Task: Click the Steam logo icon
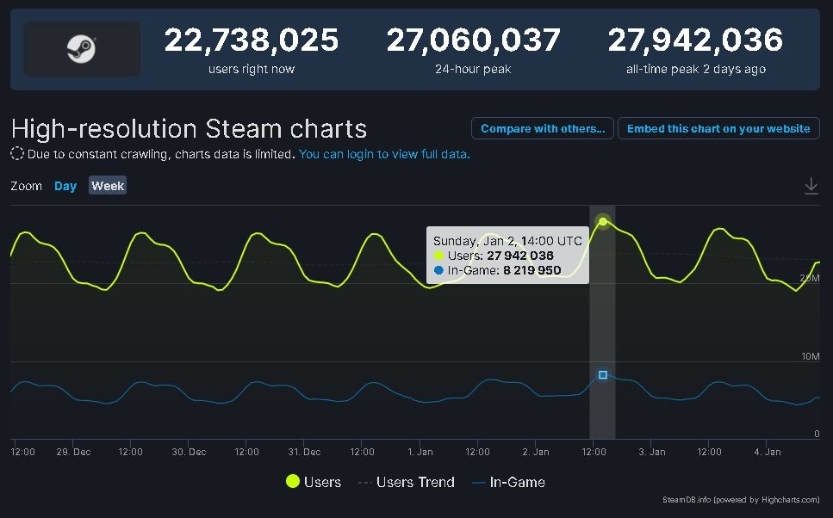coord(81,49)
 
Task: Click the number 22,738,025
coord(252,40)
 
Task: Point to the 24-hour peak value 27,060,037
coord(473,40)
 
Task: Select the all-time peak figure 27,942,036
coord(695,40)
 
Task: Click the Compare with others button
coord(543,128)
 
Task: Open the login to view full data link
coord(384,155)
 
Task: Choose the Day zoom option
coord(65,186)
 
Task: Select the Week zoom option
coord(108,186)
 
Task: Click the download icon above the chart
coord(811,186)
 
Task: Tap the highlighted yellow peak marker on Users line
coord(603,222)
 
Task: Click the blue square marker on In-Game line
coord(603,375)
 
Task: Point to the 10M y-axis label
coord(810,356)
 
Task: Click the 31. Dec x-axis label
coord(304,452)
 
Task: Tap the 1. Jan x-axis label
coord(420,452)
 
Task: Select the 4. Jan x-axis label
coord(767,452)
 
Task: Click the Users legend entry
coord(314,483)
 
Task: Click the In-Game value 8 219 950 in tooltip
coord(532,270)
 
